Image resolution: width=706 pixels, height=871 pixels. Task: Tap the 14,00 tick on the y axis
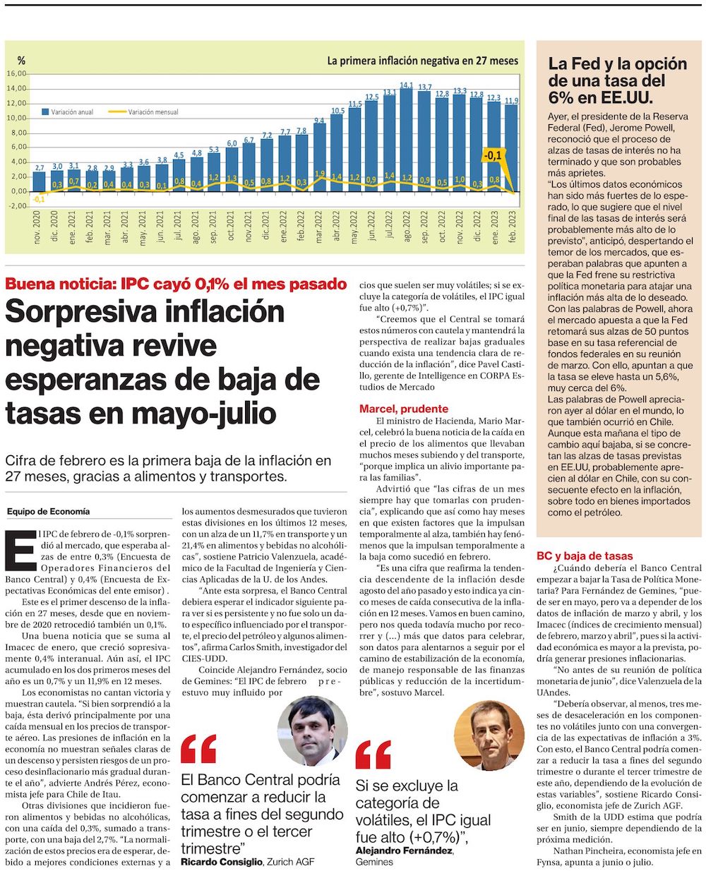click(x=17, y=88)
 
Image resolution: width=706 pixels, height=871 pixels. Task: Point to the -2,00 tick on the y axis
click(x=17, y=206)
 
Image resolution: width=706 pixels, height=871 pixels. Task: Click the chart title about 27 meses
click(x=422, y=61)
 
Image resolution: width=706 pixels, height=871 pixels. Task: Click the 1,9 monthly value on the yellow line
click(x=320, y=174)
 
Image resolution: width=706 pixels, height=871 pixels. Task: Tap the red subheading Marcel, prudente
click(x=403, y=409)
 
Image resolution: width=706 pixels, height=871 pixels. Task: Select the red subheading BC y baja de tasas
click(x=585, y=556)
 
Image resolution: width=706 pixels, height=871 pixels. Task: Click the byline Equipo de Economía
click(x=48, y=511)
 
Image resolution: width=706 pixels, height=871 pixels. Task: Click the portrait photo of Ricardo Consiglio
click(x=313, y=731)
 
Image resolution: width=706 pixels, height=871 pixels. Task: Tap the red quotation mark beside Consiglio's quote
click(x=198, y=750)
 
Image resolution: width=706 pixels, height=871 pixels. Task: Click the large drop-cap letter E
click(x=20, y=549)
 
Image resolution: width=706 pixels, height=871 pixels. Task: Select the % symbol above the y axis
click(x=21, y=60)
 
